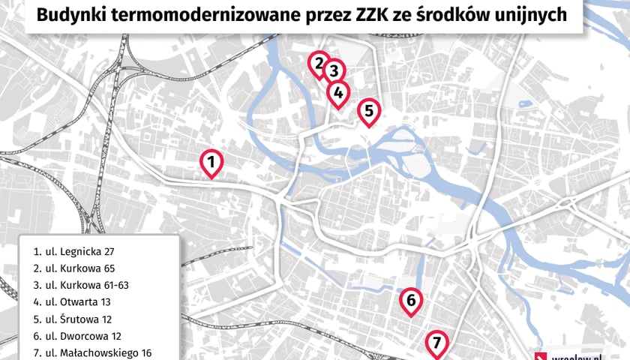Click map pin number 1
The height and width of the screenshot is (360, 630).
pos(211,162)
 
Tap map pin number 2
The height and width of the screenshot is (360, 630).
pos(319,63)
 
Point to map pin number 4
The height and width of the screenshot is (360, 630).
pos(338,93)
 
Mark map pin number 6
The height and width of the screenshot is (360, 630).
pos(410,301)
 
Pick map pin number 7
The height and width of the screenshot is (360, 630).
pos(436,344)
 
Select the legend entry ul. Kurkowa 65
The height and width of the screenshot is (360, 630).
pos(75,268)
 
